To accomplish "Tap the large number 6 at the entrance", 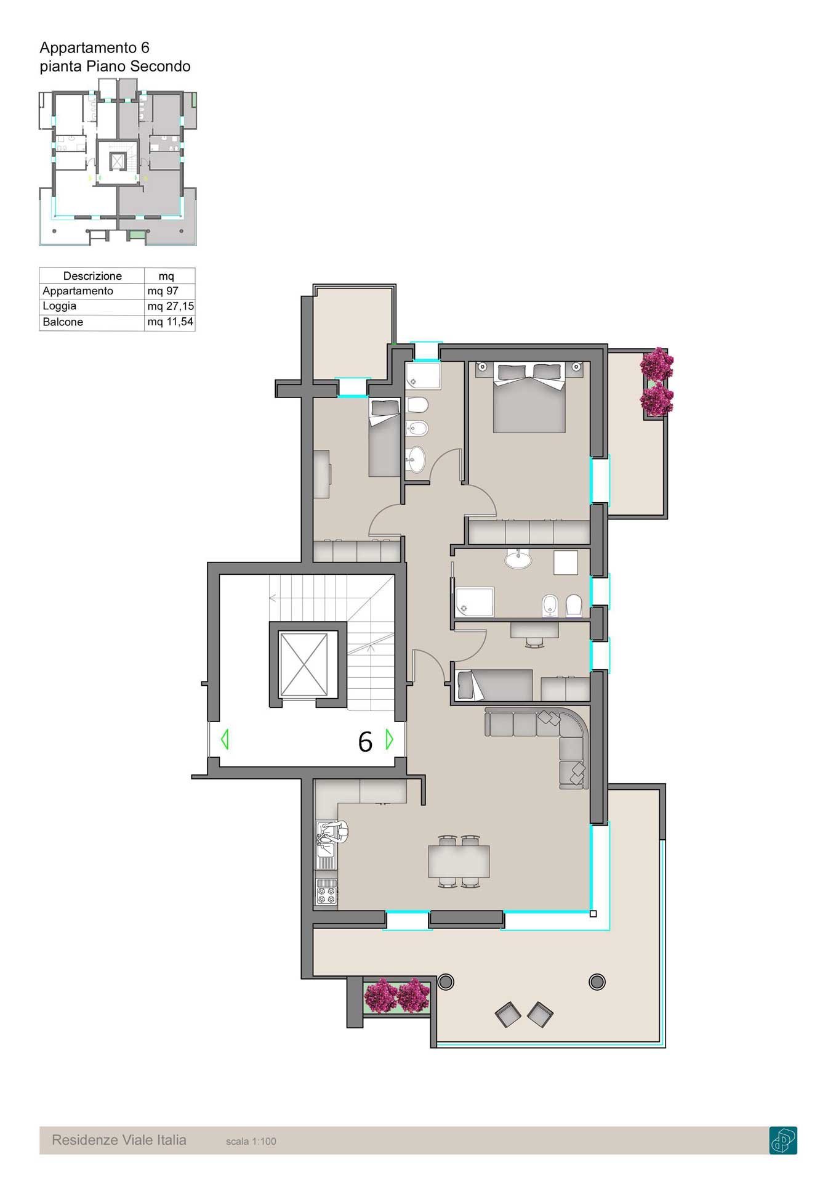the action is [365, 742].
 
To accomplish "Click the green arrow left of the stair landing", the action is [225, 739].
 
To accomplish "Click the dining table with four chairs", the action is [459, 861].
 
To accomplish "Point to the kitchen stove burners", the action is [327, 892].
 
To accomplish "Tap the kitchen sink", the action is [326, 844].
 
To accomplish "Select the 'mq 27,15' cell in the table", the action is [170, 306].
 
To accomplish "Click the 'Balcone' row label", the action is [63, 322].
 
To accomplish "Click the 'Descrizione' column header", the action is [92, 276].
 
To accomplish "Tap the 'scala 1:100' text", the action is [251, 1141].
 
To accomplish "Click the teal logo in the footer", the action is [783, 1140].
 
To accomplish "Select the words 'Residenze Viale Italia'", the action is [119, 1140].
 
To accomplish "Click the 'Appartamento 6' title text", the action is [94, 47].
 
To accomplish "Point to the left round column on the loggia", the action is [446, 982].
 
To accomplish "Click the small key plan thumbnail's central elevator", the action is [118, 161].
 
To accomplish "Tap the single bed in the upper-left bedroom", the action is [385, 438].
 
